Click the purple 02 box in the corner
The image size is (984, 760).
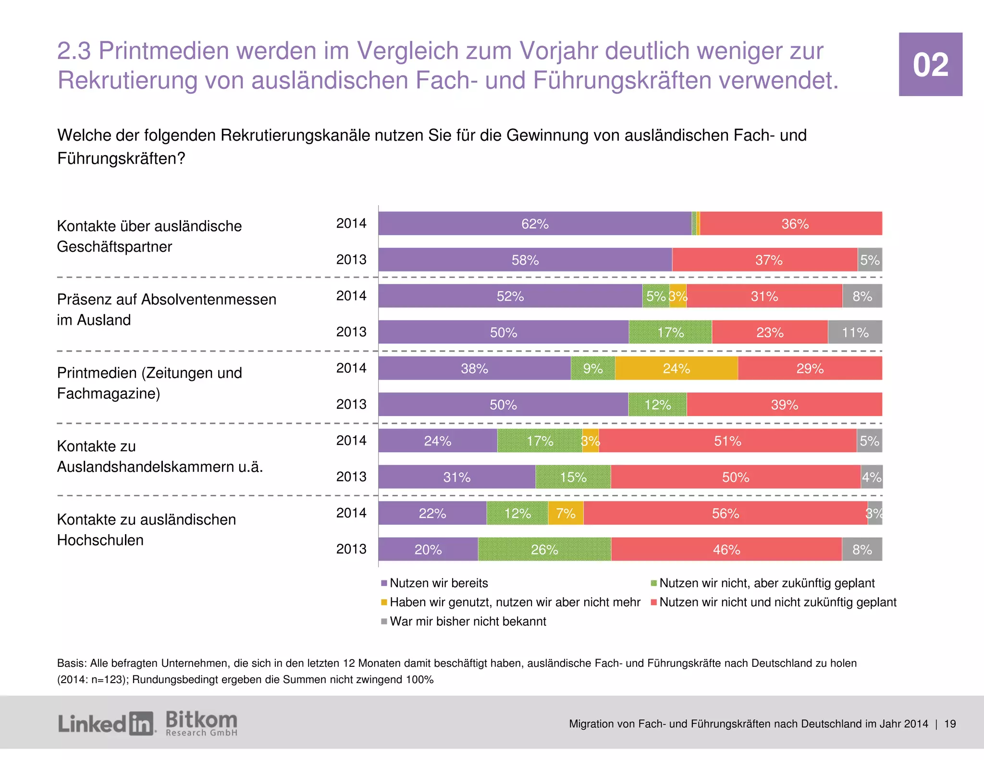930,64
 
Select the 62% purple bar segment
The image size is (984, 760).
534,224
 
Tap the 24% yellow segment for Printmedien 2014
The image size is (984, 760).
676,368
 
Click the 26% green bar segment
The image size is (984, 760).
544,550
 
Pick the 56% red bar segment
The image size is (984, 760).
725,514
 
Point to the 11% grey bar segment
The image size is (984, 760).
855,332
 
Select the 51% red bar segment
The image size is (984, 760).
727,441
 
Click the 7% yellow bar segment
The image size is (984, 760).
566,514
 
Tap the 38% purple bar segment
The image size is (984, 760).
474,368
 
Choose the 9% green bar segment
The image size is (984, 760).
592,368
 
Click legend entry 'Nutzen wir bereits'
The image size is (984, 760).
438,583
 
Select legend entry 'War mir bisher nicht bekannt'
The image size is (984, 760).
467,622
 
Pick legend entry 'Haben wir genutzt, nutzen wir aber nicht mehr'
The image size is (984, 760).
515,602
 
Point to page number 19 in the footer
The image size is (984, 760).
950,724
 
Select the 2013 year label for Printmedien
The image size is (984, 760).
351,405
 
